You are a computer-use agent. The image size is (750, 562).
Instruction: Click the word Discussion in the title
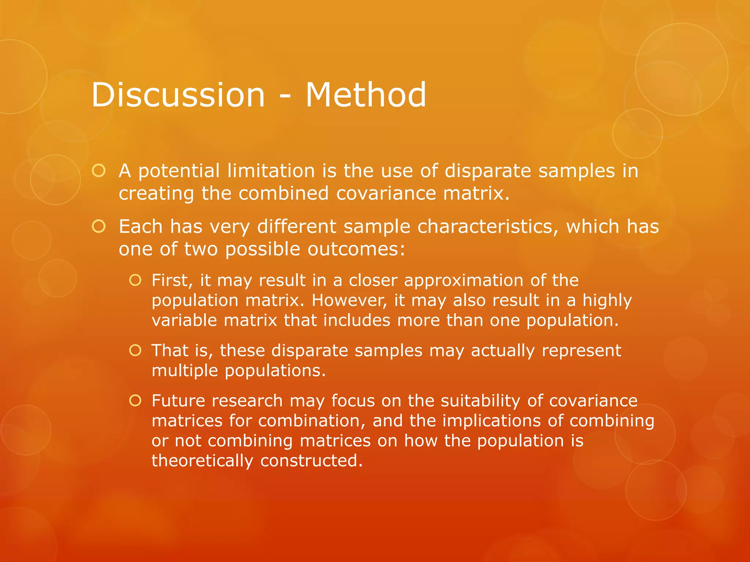pyautogui.click(x=178, y=95)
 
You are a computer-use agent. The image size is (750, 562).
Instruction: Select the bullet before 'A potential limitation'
pyautogui.click(x=99, y=171)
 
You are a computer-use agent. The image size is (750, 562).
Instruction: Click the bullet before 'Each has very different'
pyautogui.click(x=99, y=226)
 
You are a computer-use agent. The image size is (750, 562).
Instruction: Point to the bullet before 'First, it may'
pyautogui.click(x=135, y=280)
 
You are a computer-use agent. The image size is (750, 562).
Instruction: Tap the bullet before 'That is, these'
pyautogui.click(x=135, y=351)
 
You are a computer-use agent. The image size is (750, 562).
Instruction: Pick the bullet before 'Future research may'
pyautogui.click(x=135, y=401)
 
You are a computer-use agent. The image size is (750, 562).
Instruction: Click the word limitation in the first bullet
pyautogui.click(x=271, y=171)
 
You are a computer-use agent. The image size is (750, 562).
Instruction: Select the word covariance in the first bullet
pyautogui.click(x=386, y=193)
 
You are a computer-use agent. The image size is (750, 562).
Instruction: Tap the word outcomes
pyautogui.click(x=356, y=249)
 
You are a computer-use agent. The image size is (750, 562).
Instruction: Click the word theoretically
pyautogui.click(x=202, y=461)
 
